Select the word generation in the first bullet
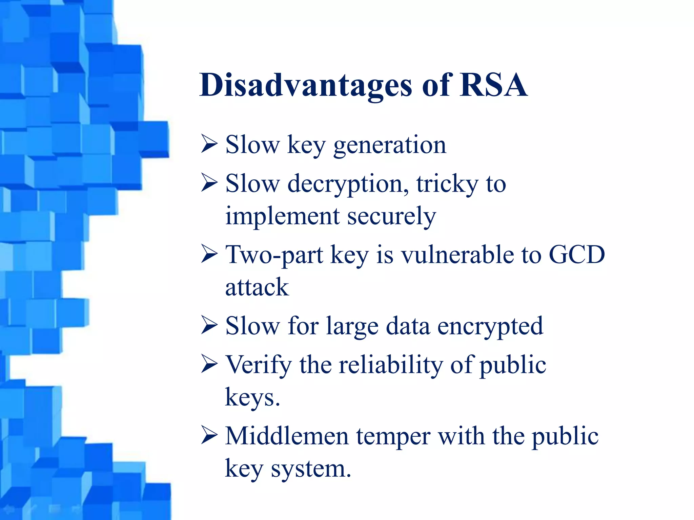390,145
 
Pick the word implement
282,216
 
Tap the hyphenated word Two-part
274,255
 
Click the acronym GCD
577,255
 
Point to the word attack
257,287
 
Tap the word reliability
391,365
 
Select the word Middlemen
287,436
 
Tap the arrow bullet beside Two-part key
209,254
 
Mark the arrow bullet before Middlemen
209,435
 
